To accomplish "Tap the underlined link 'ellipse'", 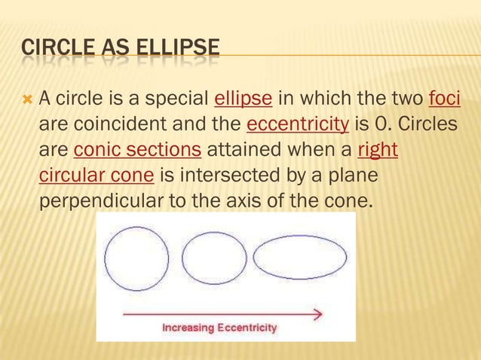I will pos(238,98).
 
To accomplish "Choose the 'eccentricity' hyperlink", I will pos(297,124).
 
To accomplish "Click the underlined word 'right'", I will pos(377,149).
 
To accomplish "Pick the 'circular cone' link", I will pos(97,175).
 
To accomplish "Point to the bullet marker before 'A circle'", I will pos(27,99).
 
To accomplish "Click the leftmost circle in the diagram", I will pos(136,258).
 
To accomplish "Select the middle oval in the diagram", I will pos(214,258).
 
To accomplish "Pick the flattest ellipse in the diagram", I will pos(299,258).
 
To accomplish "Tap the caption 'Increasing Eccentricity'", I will pos(219,328).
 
